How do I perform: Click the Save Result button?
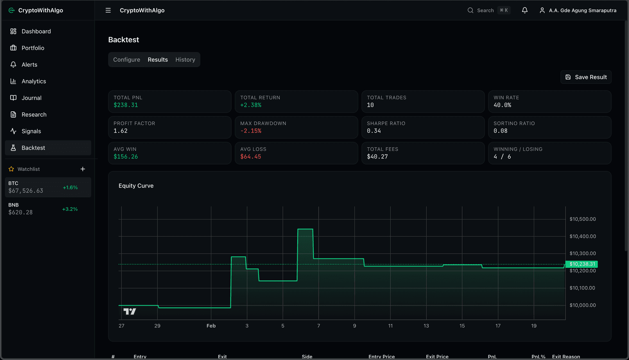point(586,77)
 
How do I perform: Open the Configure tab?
point(127,60)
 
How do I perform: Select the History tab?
point(185,60)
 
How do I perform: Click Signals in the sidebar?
point(31,131)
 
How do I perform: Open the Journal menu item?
point(32,98)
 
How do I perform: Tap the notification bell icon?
point(525,10)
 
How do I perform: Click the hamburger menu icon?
point(108,10)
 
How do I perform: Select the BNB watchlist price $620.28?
point(20,213)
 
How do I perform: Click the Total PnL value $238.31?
point(126,105)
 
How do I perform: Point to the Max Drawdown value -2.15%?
point(251,131)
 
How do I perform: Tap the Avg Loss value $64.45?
point(251,157)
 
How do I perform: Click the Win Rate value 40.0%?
point(502,105)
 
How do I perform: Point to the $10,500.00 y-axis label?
point(582,219)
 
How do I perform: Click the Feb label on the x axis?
point(211,326)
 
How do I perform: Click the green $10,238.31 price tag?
point(582,264)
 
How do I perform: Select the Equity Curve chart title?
point(136,186)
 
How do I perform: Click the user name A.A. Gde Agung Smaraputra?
point(582,10)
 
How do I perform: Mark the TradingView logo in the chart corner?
point(129,312)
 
